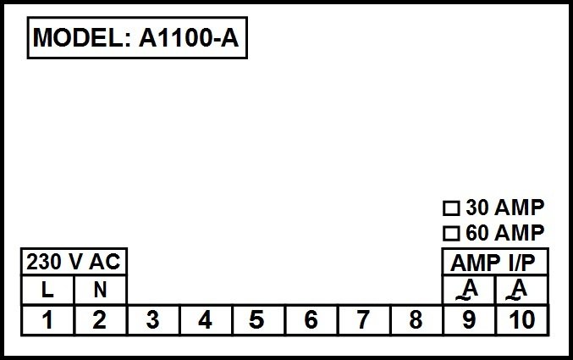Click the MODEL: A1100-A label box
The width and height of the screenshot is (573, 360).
[137, 37]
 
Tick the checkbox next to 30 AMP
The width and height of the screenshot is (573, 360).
[451, 208]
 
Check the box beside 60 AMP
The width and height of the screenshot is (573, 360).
[451, 234]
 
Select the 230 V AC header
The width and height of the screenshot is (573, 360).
[74, 262]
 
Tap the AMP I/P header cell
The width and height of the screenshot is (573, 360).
[495, 262]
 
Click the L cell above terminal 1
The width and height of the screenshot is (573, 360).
[47, 290]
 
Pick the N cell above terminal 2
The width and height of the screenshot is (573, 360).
[101, 290]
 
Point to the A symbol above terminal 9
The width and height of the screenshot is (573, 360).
[468, 290]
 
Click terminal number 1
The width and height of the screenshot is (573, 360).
[47, 320]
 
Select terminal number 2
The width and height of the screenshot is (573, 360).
[100, 320]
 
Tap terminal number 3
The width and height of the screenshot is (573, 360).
[153, 320]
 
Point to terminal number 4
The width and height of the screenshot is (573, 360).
[206, 320]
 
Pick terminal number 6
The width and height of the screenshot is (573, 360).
[311, 320]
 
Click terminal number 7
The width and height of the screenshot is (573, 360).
[364, 320]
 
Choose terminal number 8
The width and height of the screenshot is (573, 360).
[416, 320]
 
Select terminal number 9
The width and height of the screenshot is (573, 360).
[469, 320]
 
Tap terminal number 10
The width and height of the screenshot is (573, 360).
[522, 320]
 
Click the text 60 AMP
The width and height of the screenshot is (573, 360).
[505, 233]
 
